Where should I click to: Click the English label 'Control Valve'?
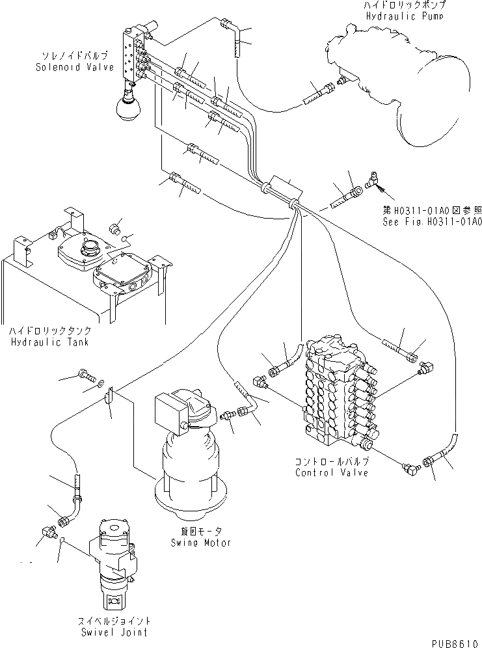[331, 472]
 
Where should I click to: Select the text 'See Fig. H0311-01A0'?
[431, 221]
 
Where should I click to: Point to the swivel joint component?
[116, 560]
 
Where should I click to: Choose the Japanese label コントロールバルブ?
[331, 462]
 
